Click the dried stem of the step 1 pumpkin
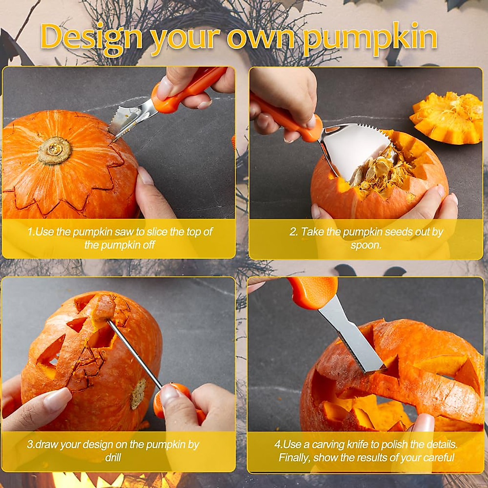coord(54,150)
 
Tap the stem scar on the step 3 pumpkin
coord(137,394)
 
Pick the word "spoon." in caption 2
coord(366,245)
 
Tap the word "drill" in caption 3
coord(113,457)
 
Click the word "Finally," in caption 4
coord(294,457)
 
